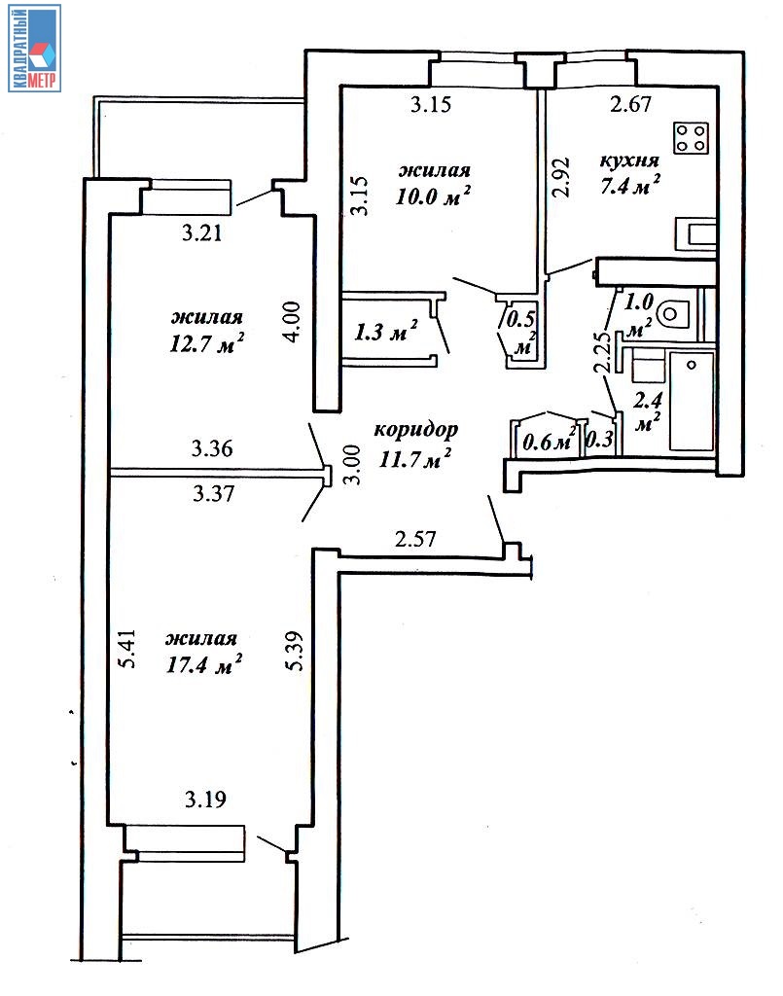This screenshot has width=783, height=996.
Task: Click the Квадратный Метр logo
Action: click(35, 49)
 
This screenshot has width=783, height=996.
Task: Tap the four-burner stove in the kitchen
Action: click(691, 138)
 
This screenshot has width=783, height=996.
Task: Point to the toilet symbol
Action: click(673, 313)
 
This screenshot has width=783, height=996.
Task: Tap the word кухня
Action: click(629, 160)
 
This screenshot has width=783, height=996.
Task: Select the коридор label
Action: click(415, 430)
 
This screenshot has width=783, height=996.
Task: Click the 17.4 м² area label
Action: click(204, 664)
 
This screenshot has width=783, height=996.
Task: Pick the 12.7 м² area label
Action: click(207, 343)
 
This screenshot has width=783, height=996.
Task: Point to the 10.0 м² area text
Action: click(433, 195)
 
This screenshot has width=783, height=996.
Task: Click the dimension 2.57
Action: click(415, 539)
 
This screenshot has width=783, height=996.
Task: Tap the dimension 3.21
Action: click(202, 233)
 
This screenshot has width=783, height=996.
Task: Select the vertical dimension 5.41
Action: click(127, 649)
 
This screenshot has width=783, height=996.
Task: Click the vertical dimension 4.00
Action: click(292, 322)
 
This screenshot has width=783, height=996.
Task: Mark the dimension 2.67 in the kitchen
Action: click(630, 103)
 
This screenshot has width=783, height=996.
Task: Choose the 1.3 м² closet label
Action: click(386, 331)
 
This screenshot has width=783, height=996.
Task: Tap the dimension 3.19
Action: click(205, 800)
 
